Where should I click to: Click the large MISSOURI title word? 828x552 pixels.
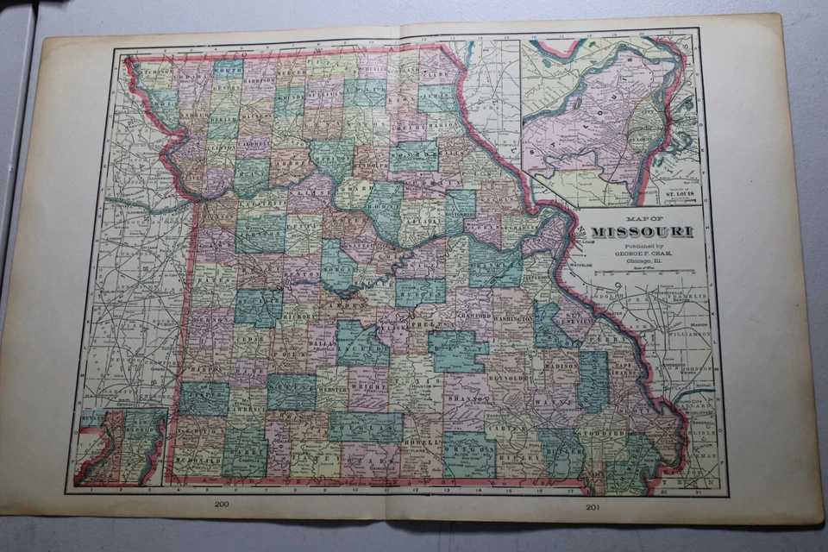[x=641, y=231]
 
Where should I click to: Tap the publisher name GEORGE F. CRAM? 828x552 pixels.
[x=641, y=252]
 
